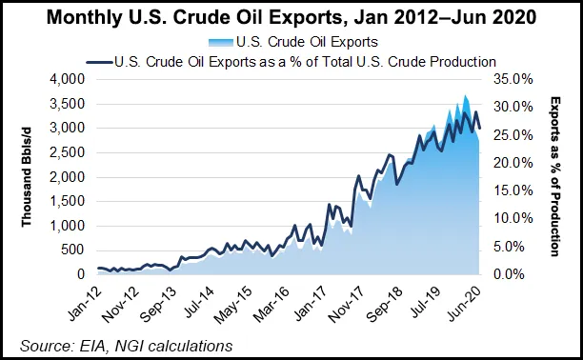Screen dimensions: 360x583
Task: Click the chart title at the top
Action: (291, 17)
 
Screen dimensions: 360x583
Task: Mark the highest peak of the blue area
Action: (465, 95)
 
